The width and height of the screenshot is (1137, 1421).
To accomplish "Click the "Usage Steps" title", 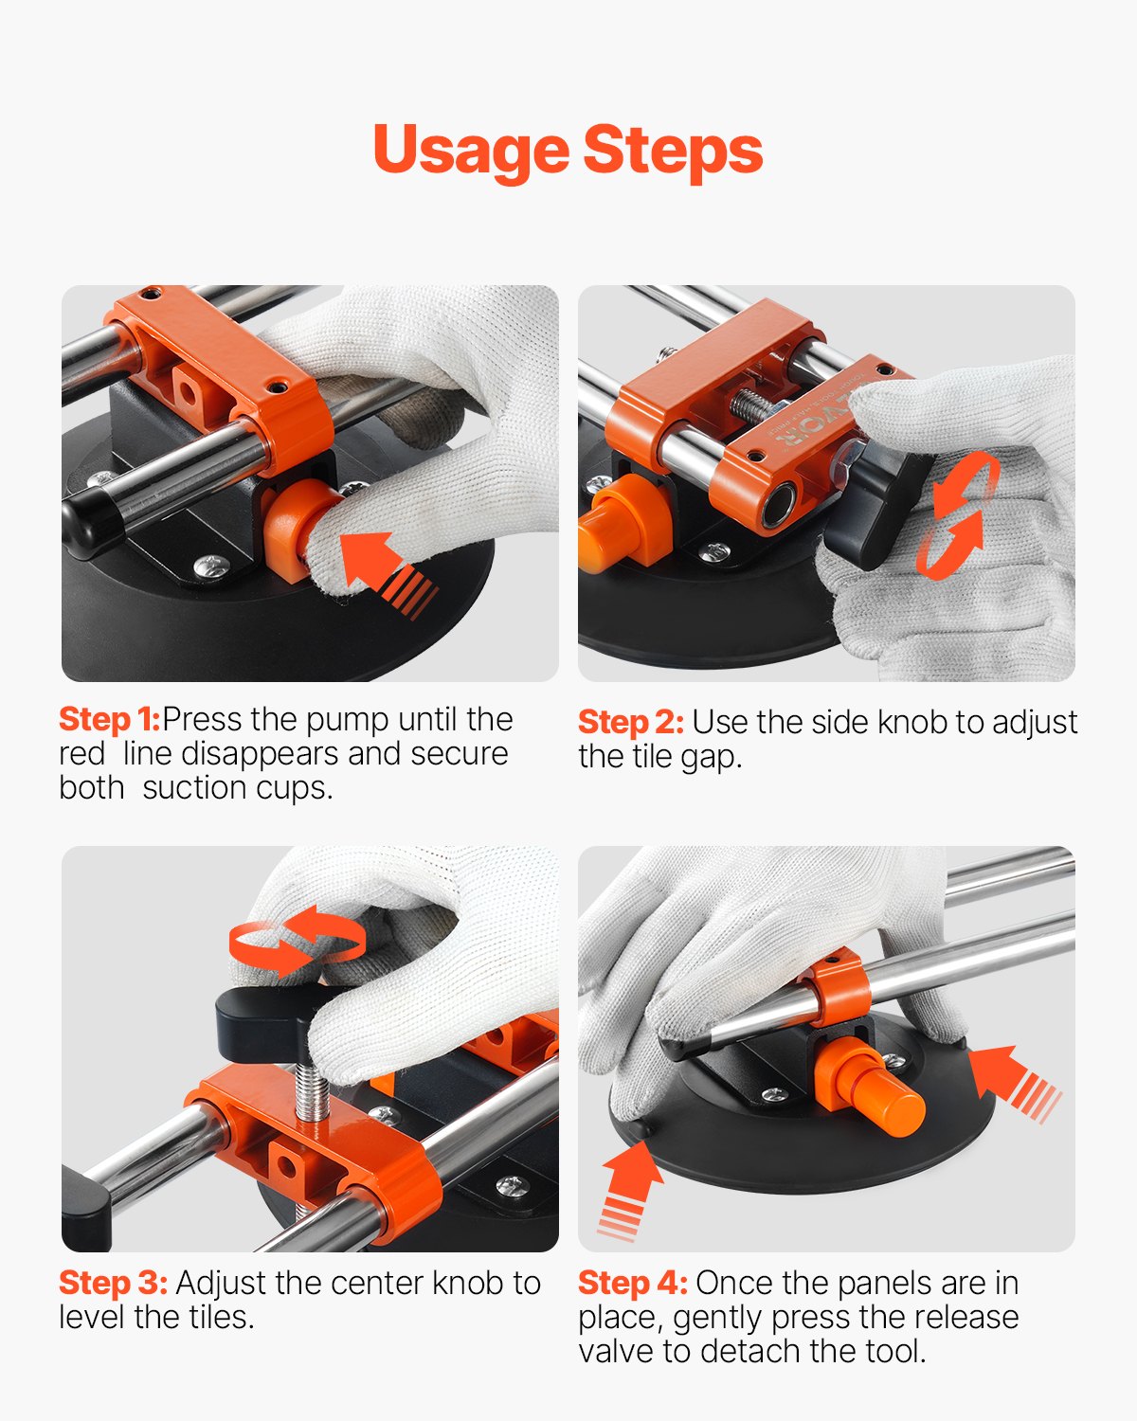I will (568, 151).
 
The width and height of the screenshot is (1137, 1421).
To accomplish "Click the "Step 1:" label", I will (109, 719).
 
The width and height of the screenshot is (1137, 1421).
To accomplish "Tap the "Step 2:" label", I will (630, 722).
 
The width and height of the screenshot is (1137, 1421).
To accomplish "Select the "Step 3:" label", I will (113, 1283).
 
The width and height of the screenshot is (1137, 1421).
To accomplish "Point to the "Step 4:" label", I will (632, 1283).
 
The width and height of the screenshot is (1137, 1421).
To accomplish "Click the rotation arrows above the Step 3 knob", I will (297, 939).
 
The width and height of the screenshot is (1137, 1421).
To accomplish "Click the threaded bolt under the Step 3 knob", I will (311, 1094).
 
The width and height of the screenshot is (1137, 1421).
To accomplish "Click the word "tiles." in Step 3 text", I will (220, 1317).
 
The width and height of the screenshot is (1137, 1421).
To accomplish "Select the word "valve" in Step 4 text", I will (617, 1351).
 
